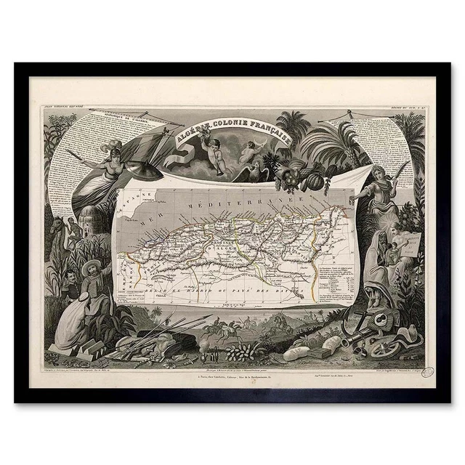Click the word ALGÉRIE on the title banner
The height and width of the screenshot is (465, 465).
[x=190, y=134]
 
